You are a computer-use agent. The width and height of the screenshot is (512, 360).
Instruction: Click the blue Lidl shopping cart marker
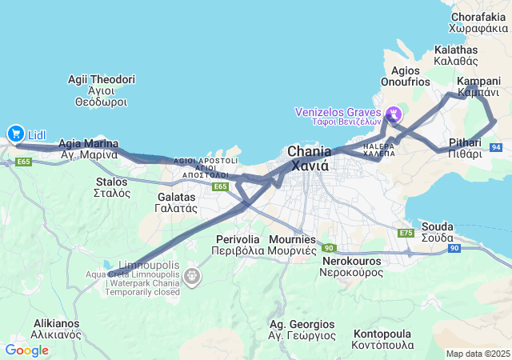pos(14,134)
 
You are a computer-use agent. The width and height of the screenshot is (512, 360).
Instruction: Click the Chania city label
pos(309,159)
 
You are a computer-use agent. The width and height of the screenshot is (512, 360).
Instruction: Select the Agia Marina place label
pos(89,150)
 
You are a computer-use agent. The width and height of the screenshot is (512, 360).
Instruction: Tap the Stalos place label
pos(111,187)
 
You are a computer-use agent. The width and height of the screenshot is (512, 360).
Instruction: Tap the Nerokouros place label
pos(352,266)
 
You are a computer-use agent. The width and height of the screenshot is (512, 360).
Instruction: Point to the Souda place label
pos(438,231)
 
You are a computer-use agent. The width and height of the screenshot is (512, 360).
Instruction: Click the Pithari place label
pos(465,148)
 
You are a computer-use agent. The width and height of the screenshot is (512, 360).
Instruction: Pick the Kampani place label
pos(478,87)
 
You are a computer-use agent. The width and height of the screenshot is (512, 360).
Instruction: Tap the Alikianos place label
pos(56,329)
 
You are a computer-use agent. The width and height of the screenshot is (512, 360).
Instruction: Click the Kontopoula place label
pos(382,339)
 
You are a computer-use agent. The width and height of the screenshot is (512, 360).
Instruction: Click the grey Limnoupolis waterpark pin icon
pos(192,277)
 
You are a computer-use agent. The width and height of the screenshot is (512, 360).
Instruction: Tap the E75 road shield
pos(406,233)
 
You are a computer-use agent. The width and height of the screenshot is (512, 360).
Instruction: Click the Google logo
pos(26,350)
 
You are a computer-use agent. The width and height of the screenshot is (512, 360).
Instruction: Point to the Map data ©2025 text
pos(477,354)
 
